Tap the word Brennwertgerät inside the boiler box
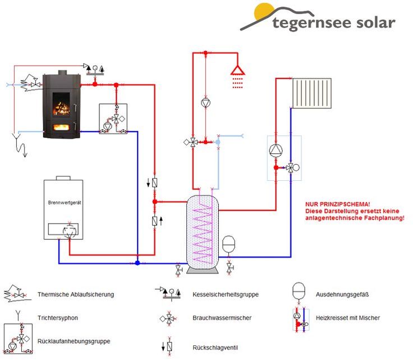tap(65, 203)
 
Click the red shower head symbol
tap(238, 70)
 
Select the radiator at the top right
tap(312, 93)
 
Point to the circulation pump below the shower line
tap(206, 103)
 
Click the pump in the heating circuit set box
tap(276, 151)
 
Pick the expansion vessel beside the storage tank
tap(228, 244)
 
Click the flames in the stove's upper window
tap(61, 108)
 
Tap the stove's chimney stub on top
tap(62, 72)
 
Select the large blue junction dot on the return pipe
tap(137, 263)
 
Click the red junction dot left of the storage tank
tap(155, 202)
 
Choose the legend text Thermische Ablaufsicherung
tap(76, 294)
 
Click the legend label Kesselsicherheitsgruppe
tap(226, 294)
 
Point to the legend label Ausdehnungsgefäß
tap(342, 294)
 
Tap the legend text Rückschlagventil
tap(215, 348)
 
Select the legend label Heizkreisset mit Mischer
tap(348, 318)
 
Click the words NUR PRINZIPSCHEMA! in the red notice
tap(338, 204)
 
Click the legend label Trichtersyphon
tap(58, 318)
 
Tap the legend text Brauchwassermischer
tap(222, 318)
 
